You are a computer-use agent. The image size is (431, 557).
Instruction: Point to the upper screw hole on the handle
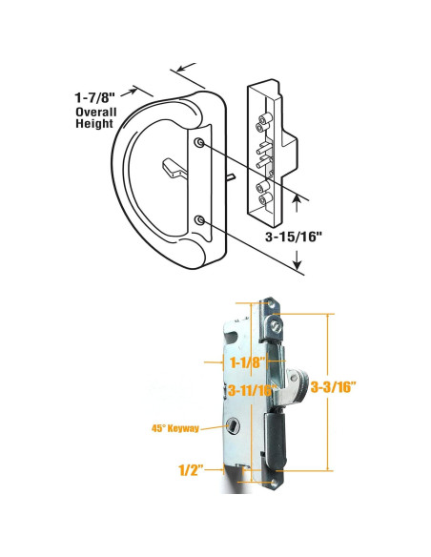pos(198,143)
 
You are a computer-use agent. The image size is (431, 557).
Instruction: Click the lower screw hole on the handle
pos(198,220)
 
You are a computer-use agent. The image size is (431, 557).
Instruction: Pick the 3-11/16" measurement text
pos(250,389)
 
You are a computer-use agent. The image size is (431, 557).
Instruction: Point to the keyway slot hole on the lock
pos(233,427)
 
